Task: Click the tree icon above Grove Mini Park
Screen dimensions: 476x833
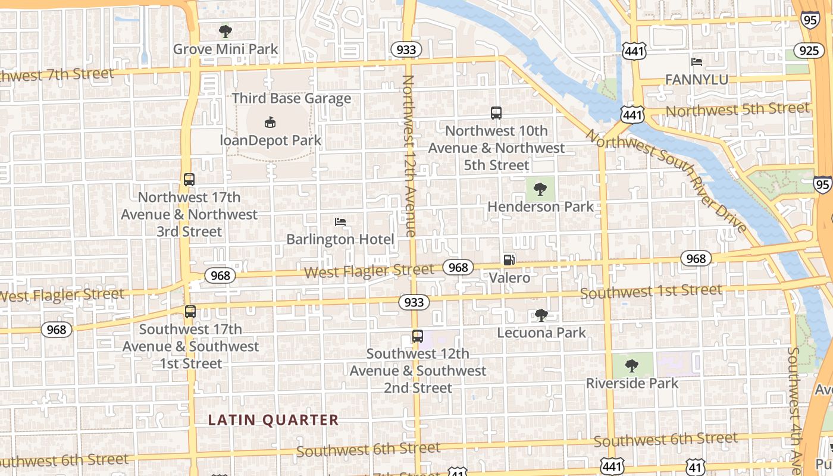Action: coord(225,31)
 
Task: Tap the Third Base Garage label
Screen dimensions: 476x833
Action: coord(292,98)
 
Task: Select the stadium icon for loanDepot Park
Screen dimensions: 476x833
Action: coord(270,122)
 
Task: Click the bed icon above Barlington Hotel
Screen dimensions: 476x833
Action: coord(340,222)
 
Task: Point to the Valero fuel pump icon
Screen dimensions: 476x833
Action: coord(509,259)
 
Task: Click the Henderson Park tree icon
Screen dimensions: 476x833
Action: coord(540,189)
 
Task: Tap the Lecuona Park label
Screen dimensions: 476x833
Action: coord(541,333)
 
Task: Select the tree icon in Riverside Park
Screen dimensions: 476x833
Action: coord(632,365)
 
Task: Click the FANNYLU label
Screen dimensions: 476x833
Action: coord(696,80)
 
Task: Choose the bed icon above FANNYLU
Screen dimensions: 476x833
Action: coord(697,62)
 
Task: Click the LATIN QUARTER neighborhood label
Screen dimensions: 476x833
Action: coord(273,420)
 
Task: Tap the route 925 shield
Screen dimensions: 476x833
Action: coord(809,51)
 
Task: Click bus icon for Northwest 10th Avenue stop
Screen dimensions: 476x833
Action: coord(496,113)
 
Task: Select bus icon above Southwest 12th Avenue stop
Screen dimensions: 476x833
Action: coord(418,336)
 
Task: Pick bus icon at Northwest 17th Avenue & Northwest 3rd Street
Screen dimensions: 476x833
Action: coord(189,180)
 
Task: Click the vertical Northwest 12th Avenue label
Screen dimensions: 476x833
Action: coord(409,156)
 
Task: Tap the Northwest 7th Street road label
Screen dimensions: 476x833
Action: coord(57,75)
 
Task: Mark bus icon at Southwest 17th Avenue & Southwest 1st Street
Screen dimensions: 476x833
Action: coord(190,312)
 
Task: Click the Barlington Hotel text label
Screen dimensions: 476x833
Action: coord(340,239)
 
